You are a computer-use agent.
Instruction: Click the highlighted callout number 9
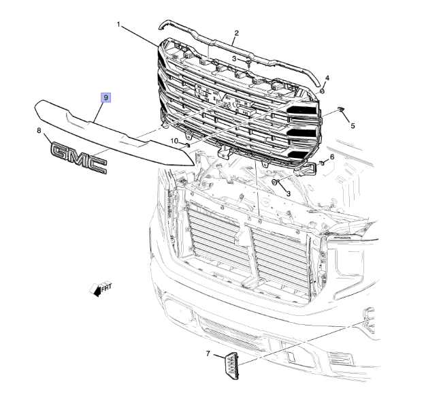[105, 97]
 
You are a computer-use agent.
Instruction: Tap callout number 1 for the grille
[118, 25]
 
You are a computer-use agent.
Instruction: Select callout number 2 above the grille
[236, 33]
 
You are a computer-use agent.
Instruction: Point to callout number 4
[327, 78]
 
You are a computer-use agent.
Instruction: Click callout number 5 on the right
[353, 125]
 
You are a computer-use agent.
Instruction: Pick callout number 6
[331, 157]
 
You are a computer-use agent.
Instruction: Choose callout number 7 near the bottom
[208, 353]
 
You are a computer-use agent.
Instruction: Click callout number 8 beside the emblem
[39, 131]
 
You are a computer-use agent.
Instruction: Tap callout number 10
[174, 141]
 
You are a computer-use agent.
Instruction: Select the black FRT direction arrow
[96, 290]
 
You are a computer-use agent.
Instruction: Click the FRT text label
[106, 287]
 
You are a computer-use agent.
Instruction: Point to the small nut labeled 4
[322, 91]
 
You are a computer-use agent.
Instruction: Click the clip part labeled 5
[340, 109]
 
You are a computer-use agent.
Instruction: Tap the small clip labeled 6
[321, 163]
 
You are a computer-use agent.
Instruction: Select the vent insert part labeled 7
[231, 366]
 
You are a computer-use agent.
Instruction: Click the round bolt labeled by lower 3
[275, 182]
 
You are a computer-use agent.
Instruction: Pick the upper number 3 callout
[234, 59]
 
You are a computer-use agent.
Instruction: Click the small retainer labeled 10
[187, 144]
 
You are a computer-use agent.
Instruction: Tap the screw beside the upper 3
[249, 63]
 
